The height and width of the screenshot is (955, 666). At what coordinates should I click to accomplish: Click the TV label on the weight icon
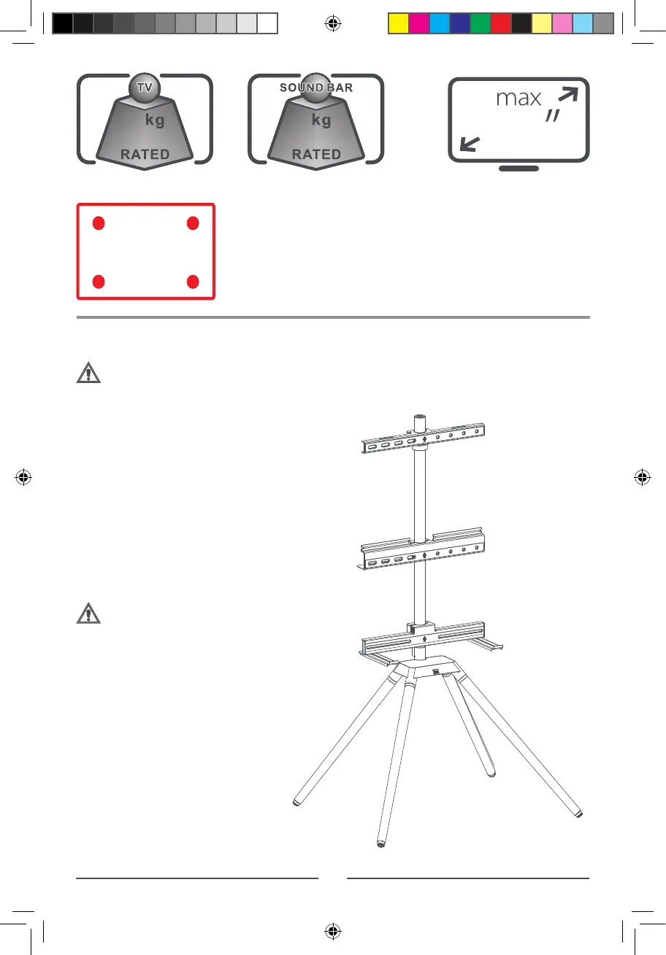[x=145, y=87]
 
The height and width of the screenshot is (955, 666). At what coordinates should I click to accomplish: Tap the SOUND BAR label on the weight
[x=316, y=88]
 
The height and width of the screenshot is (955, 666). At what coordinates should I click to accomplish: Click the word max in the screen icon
[x=518, y=98]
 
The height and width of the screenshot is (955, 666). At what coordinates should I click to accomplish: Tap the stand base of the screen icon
[x=518, y=169]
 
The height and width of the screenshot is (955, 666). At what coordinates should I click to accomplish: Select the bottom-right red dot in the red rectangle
[x=193, y=282]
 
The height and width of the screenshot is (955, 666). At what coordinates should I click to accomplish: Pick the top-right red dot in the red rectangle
[x=193, y=223]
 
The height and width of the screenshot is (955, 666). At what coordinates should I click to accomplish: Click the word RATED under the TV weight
[x=145, y=155]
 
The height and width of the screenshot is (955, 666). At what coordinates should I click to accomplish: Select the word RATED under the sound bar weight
[x=317, y=155]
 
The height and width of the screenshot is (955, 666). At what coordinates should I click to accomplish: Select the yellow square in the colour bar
[x=398, y=23]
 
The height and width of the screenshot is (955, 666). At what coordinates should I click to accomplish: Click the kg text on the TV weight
[x=155, y=120]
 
